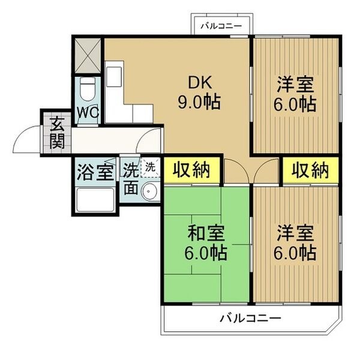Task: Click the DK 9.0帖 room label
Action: point(199,92)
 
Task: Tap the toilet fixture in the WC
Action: point(87,89)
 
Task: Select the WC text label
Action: point(88,113)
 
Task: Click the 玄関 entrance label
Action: point(57,133)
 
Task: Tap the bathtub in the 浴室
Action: point(95,200)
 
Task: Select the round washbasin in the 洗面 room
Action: point(149,191)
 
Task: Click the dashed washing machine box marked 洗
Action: point(150,167)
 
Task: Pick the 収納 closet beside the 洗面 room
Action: point(192,170)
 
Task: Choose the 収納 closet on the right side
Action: point(310,170)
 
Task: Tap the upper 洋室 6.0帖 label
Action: point(295,94)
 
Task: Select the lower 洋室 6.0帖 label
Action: point(295,242)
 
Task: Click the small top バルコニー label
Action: point(221,26)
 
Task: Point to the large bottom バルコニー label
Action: point(250,318)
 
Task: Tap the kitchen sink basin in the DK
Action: point(114,77)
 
